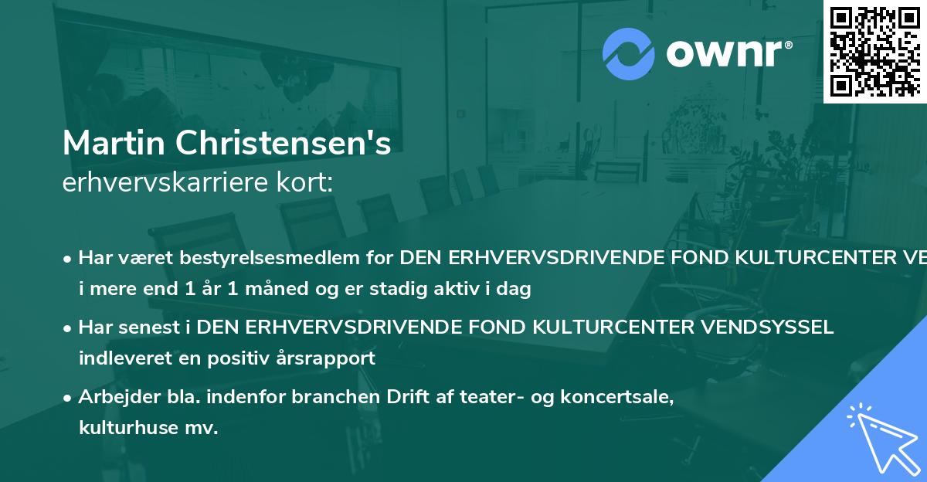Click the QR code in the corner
click(875, 50)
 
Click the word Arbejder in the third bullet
click(113, 397)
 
